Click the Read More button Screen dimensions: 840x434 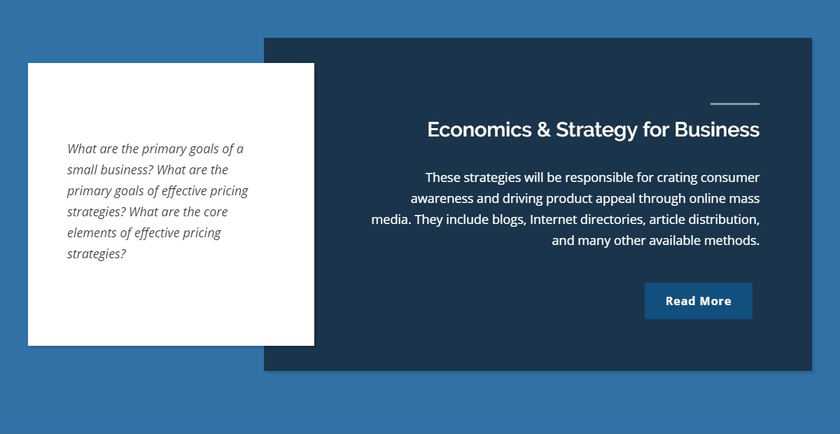pyautogui.click(x=699, y=301)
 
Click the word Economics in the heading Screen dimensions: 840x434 pyautogui.click(x=479, y=129)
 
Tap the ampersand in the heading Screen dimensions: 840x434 pyautogui.click(x=543, y=129)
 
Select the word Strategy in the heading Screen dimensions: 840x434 pyautogui.click(x=596, y=130)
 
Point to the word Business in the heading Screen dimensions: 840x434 pyautogui.click(x=717, y=129)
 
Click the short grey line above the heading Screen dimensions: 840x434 pyautogui.click(x=734, y=104)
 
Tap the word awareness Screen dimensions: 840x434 pyautogui.click(x=442, y=199)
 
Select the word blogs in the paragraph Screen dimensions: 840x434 pyautogui.click(x=509, y=220)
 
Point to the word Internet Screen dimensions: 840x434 pyautogui.click(x=553, y=219)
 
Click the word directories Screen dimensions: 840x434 pyautogui.click(x=612, y=220)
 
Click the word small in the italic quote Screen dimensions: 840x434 pyautogui.click(x=82, y=170)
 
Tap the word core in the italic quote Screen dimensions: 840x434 pyautogui.click(x=216, y=212)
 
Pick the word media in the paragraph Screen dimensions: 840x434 pyautogui.click(x=391, y=219)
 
